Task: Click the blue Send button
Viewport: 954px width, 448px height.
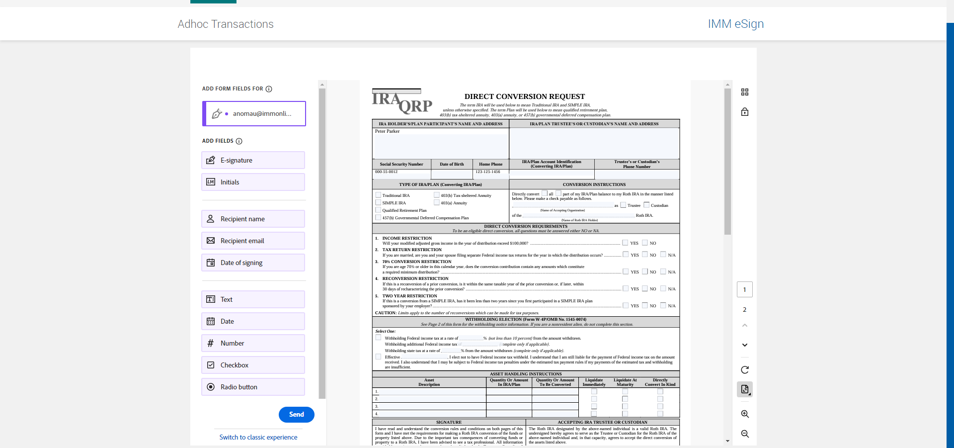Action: pos(296,415)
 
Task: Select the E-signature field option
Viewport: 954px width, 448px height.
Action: pos(253,160)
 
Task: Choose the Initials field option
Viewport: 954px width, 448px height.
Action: pos(253,182)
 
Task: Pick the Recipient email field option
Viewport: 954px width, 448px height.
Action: pos(253,241)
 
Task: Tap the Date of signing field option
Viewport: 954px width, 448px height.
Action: pos(253,263)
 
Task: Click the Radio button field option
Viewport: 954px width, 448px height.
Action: pos(253,387)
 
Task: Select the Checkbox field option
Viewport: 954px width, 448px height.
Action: pos(253,365)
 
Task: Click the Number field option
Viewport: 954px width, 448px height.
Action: pos(253,343)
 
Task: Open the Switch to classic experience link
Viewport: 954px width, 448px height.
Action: pos(258,437)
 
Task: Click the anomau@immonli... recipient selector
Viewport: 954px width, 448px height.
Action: pos(254,114)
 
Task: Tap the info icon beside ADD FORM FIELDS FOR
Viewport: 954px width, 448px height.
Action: pos(269,89)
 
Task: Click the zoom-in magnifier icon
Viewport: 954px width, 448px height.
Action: pos(745,414)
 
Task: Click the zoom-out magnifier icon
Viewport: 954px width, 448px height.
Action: pos(745,434)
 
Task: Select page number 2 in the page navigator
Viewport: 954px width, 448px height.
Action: pos(744,310)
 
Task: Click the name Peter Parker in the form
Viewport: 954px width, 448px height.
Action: pos(387,131)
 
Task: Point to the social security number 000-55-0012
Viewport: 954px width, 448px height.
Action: pos(386,172)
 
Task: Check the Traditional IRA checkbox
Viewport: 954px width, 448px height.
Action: pos(378,195)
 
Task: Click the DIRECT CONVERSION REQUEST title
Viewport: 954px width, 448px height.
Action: pos(524,96)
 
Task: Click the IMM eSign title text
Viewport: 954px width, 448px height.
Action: pos(735,24)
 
